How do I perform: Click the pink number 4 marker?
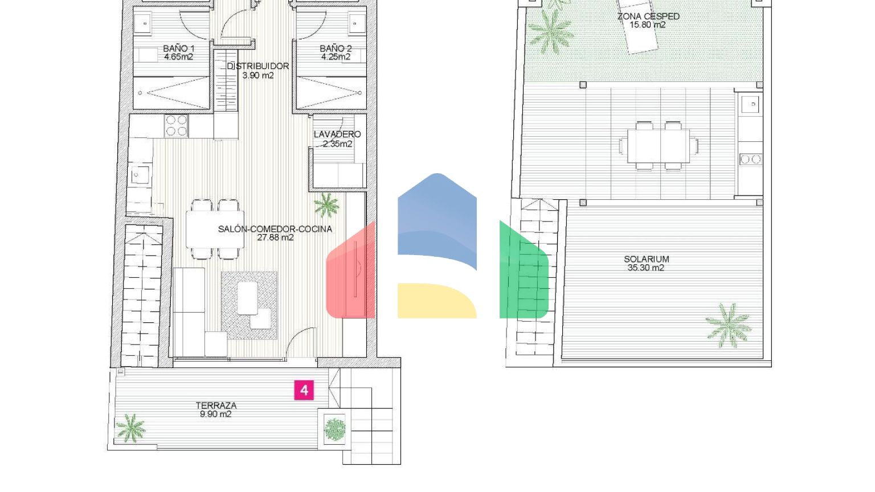tap(304, 390)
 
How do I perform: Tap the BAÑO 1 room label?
tap(178, 49)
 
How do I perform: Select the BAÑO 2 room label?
tap(336, 49)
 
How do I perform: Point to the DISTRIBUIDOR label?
tap(258, 66)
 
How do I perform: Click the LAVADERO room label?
tap(337, 134)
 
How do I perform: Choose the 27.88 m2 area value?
tap(275, 237)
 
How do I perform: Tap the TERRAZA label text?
tap(216, 405)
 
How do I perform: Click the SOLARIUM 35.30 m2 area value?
tap(645, 268)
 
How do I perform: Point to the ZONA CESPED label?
tap(648, 17)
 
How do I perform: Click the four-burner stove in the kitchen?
tap(176, 126)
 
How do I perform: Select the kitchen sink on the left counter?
tap(140, 175)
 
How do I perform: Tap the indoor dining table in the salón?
tap(215, 229)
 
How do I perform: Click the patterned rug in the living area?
tap(249, 305)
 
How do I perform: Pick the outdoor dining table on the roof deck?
tap(659, 146)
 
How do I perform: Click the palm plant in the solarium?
tap(729, 326)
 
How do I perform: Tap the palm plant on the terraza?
tap(131, 428)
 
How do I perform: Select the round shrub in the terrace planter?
tap(335, 429)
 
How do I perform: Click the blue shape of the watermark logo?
tap(437, 221)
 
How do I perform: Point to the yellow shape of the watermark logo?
tap(437, 301)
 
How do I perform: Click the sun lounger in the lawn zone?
tap(637, 26)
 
